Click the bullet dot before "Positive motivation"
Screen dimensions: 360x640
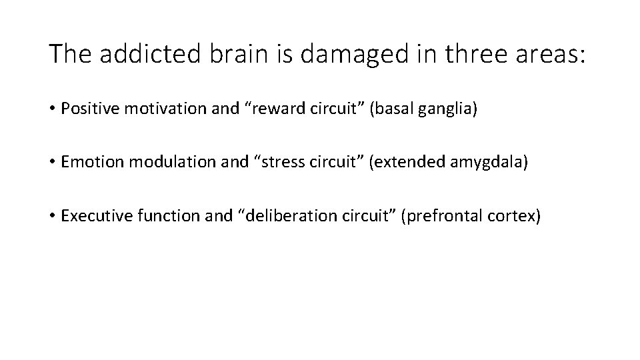click(x=53, y=109)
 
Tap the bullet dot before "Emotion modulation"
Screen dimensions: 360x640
click(x=53, y=163)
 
